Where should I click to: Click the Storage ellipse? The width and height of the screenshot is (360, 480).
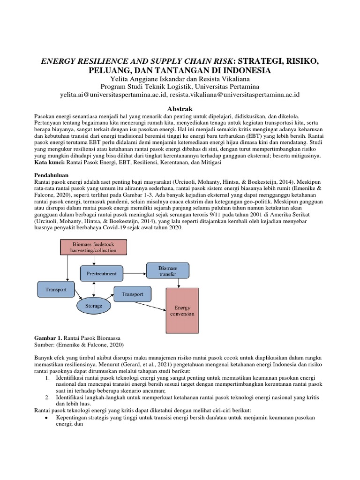click(93, 306)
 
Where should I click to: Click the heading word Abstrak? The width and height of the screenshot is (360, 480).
click(180, 107)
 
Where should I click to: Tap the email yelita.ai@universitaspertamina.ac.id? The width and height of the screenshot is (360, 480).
click(120, 94)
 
